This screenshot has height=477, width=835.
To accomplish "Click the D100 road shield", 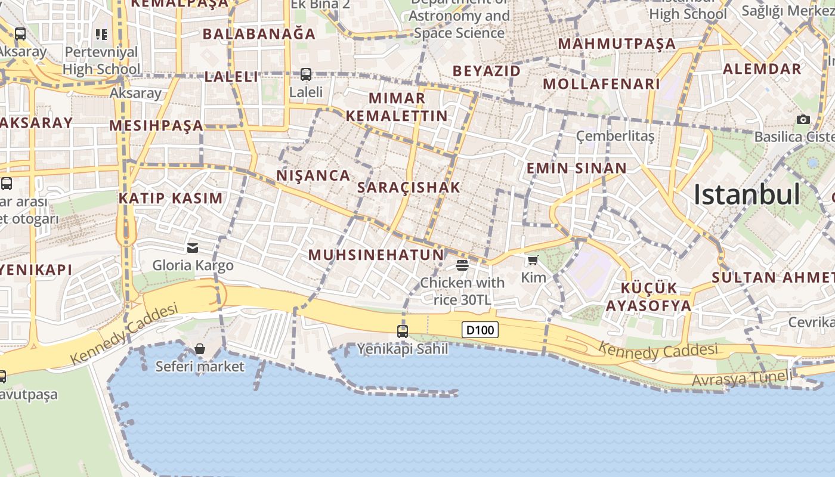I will point(480,330).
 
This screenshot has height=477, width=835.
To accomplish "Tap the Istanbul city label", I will point(746,194).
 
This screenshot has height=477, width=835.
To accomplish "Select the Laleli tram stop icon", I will point(306,75).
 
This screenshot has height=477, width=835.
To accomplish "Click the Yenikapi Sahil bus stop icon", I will point(403,332).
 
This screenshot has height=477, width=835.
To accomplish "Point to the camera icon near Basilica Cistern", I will point(803,119).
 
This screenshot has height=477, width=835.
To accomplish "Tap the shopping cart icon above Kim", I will point(533,260).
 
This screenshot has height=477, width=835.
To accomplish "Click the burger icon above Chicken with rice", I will point(462,264).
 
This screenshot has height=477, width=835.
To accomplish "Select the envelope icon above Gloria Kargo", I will point(193,247).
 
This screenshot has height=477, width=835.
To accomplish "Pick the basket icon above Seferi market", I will point(200,349).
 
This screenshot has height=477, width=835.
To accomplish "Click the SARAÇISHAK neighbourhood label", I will point(409,187).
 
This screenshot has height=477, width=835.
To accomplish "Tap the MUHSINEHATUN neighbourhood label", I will point(376,255).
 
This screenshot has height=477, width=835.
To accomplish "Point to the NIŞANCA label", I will point(313,175).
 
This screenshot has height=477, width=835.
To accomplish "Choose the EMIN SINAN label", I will point(576,168).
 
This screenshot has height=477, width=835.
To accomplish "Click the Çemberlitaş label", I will point(615,136).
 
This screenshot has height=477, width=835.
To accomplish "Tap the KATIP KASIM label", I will point(171,198).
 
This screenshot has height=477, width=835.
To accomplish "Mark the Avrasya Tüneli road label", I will point(742,378).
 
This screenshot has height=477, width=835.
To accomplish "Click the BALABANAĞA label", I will point(259,34).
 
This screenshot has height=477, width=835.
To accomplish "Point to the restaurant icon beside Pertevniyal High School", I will point(101,35).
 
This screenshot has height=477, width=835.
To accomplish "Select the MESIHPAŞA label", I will point(156,126).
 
